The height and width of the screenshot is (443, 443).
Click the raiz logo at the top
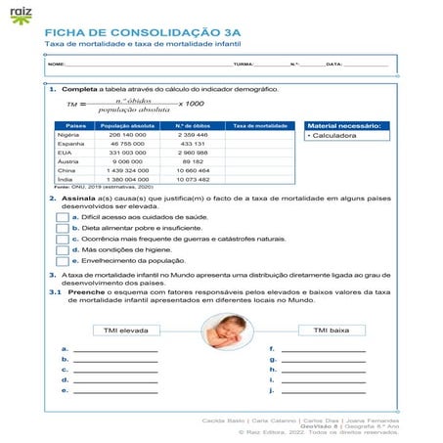pyautogui.click(x=21, y=16)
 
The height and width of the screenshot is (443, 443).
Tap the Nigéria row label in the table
pyautogui.click(x=67, y=135)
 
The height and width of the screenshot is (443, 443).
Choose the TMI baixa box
pyautogui.click(x=332, y=331)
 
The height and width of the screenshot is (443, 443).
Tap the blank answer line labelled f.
pyautogui.click(x=323, y=349)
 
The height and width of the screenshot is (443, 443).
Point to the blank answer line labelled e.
pyautogui.click(x=114, y=391)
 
